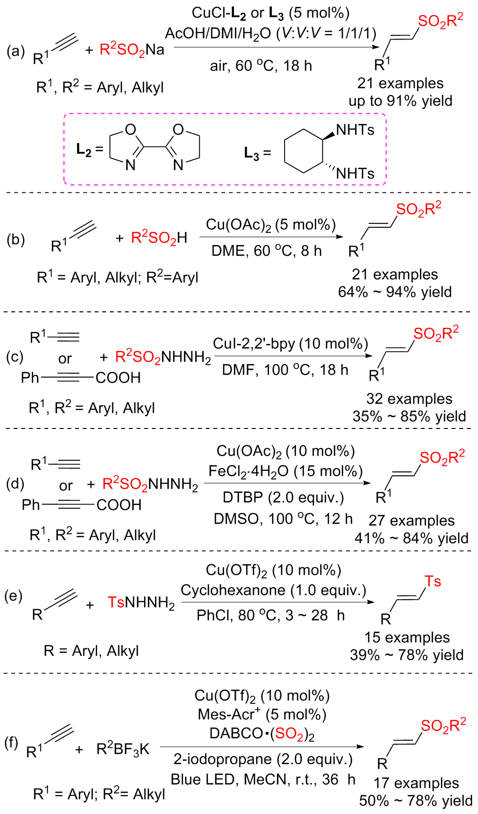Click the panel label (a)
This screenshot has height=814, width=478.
tap(16, 51)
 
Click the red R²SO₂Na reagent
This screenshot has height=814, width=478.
tap(132, 50)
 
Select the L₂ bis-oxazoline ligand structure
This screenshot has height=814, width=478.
tap(154, 147)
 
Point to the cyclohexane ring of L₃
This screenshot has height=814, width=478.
tap(304, 151)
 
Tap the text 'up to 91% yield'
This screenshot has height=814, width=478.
tap(400, 101)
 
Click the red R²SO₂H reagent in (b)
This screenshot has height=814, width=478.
tap(159, 238)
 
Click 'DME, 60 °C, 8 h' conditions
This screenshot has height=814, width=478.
tap(267, 251)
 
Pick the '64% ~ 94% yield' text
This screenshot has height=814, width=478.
tap(395, 292)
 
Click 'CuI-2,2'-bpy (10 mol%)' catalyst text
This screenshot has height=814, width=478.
tap(291, 344)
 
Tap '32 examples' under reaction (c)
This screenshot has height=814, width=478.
tap(409, 399)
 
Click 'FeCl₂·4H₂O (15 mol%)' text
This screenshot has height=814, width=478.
tap(286, 471)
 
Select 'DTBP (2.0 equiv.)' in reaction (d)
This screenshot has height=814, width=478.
tap(283, 497)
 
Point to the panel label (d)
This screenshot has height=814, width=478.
tap(15, 484)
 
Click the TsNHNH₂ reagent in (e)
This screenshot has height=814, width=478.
tap(141, 603)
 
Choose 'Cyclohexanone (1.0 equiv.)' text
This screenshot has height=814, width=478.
tap(273, 590)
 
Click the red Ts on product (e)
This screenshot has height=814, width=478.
tap(433, 581)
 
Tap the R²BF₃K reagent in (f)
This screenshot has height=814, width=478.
tap(123, 749)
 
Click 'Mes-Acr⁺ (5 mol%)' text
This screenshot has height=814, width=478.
tap(262, 714)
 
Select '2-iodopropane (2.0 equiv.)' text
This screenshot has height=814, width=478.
tap(263, 759)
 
